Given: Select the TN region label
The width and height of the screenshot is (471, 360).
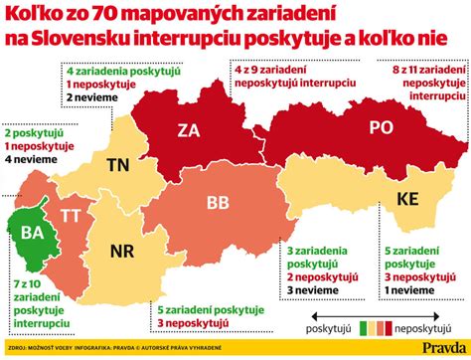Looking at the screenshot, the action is pyautogui.click(x=118, y=164).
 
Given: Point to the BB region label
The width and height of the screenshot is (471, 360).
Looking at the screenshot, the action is pyautogui.click(x=219, y=202).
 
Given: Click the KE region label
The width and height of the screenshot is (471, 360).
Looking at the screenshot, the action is pyautogui.click(x=408, y=199).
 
